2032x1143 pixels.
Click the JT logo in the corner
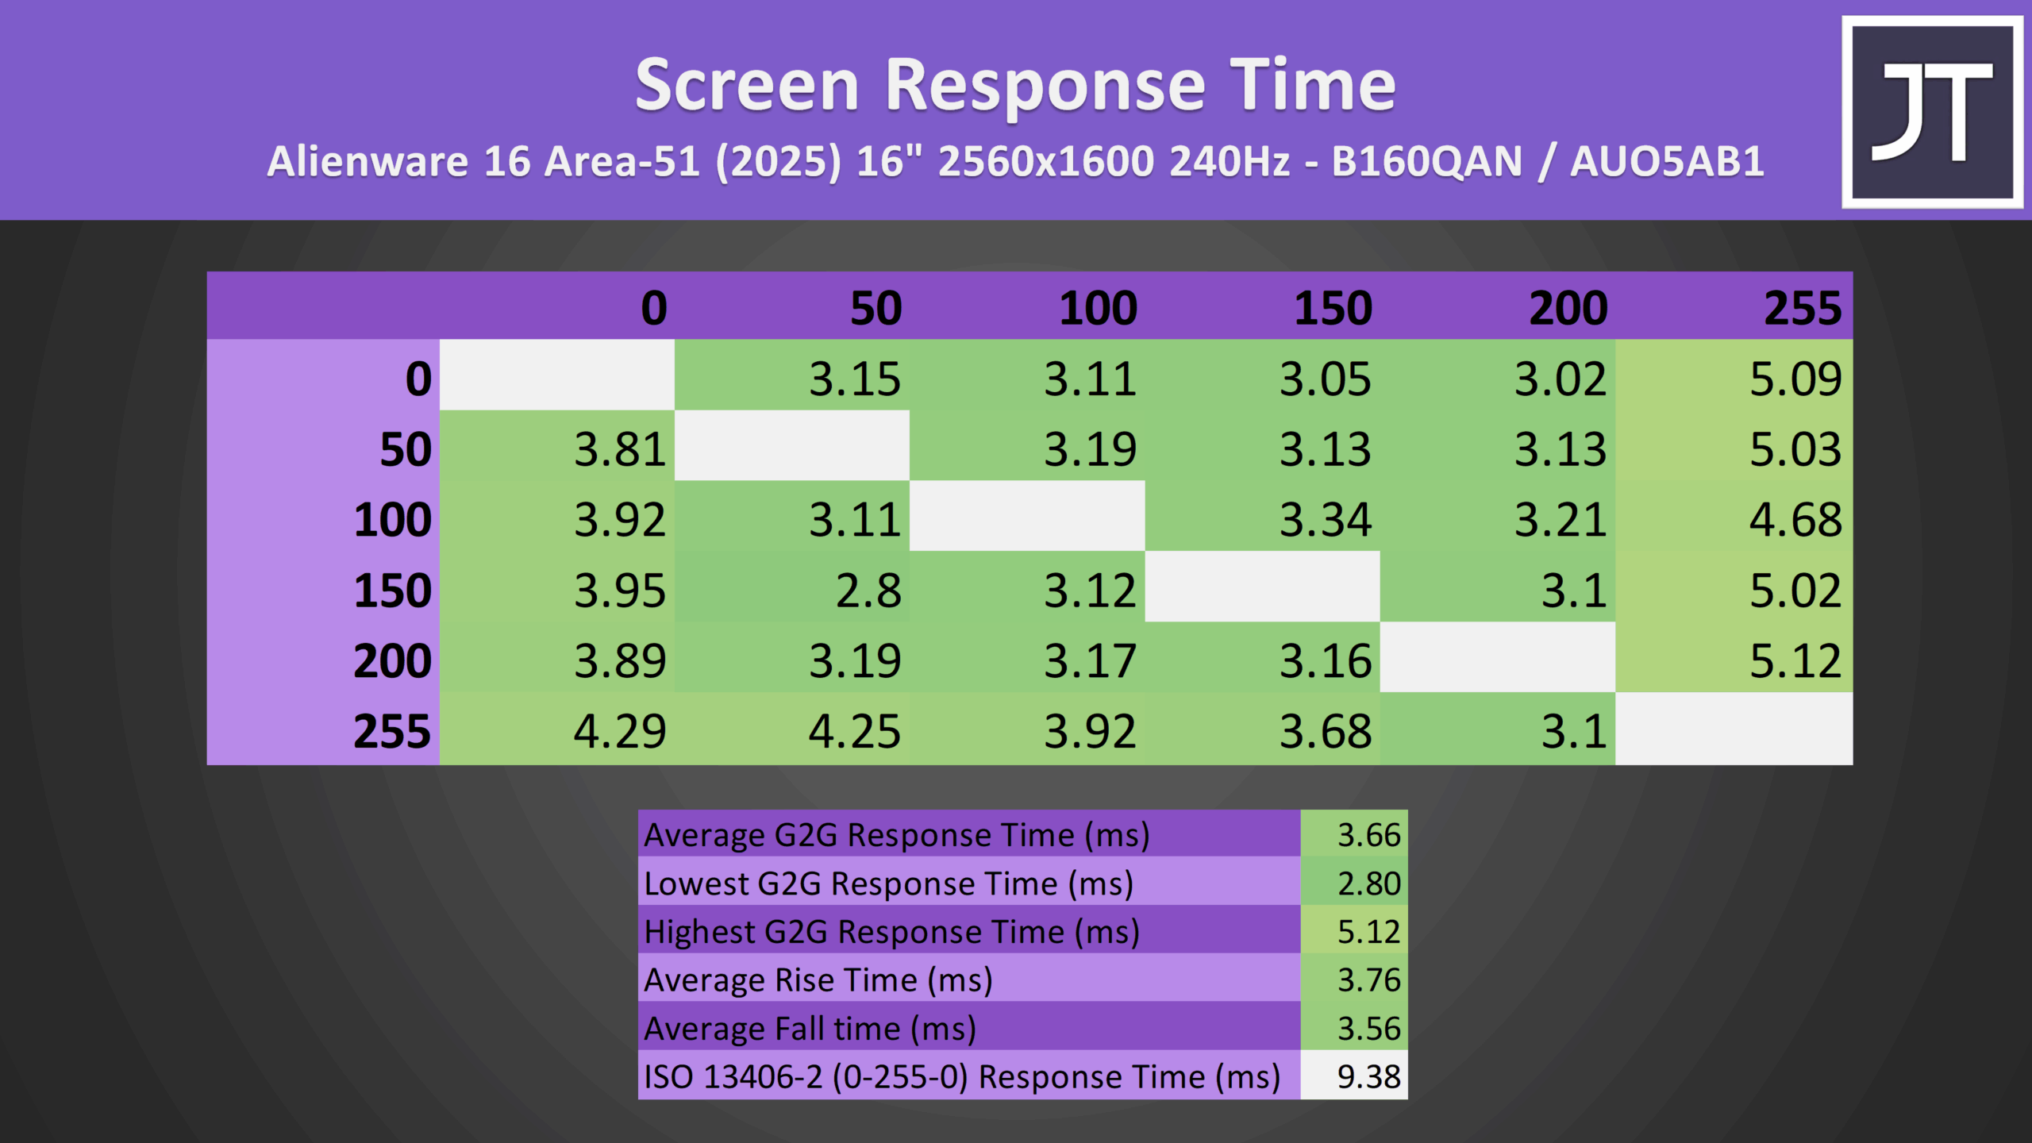tap(1932, 112)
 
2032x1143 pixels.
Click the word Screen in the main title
tap(747, 85)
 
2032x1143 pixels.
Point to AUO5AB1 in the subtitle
tap(1667, 161)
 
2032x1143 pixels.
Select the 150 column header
tap(1333, 307)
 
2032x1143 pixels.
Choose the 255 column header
tap(1803, 307)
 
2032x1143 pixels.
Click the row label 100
tap(392, 520)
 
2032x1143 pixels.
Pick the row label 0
tap(418, 379)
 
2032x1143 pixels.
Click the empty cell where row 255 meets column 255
tap(1734, 729)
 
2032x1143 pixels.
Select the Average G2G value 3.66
tap(1354, 833)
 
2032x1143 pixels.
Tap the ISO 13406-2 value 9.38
tap(1354, 1076)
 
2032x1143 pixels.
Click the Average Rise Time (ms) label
tap(818, 980)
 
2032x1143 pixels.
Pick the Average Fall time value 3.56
tap(1354, 1027)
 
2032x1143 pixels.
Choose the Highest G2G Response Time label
tap(892, 932)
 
